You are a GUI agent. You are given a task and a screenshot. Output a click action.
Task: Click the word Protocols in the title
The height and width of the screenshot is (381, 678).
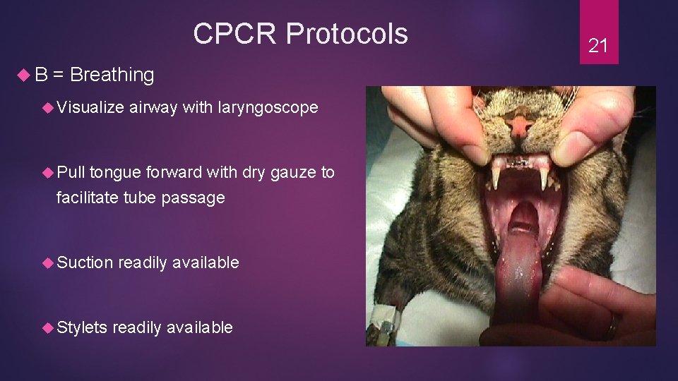(346, 33)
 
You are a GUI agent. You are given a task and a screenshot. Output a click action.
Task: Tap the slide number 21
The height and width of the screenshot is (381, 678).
(598, 46)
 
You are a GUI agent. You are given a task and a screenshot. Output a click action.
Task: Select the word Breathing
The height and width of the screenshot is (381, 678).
(112, 75)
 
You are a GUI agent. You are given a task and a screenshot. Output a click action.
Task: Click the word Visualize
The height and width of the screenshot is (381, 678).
(90, 107)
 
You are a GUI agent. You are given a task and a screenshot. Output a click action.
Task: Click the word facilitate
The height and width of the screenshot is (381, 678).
(88, 198)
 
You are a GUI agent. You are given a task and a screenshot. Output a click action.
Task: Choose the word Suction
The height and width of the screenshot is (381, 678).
(85, 262)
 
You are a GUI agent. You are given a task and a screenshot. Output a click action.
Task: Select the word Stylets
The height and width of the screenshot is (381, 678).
(82, 327)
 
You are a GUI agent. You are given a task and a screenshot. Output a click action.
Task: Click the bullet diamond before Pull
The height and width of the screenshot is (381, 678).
(48, 172)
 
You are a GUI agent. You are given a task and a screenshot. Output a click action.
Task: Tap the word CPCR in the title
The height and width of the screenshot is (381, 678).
(237, 33)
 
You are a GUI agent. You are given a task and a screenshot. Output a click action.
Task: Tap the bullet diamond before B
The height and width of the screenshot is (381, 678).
(22, 75)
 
